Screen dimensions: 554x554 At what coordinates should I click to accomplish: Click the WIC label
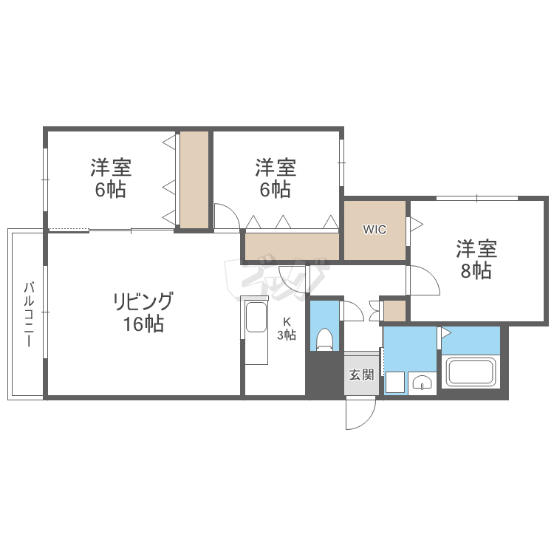pos(374,229)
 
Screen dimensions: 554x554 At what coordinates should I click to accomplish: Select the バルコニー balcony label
pos(29,315)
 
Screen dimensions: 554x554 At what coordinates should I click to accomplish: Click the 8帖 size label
pos(476,271)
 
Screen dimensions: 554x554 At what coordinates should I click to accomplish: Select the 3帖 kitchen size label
pos(287,335)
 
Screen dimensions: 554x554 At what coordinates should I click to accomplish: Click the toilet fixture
pos(324,340)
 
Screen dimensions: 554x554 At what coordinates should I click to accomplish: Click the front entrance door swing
pos(361,414)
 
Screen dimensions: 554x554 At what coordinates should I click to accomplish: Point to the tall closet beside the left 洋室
pos(194,179)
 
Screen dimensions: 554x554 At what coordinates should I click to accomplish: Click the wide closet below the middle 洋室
pos(291,245)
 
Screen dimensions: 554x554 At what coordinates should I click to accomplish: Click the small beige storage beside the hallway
pos(394,311)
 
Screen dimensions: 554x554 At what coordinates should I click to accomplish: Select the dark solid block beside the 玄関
pos(324,376)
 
